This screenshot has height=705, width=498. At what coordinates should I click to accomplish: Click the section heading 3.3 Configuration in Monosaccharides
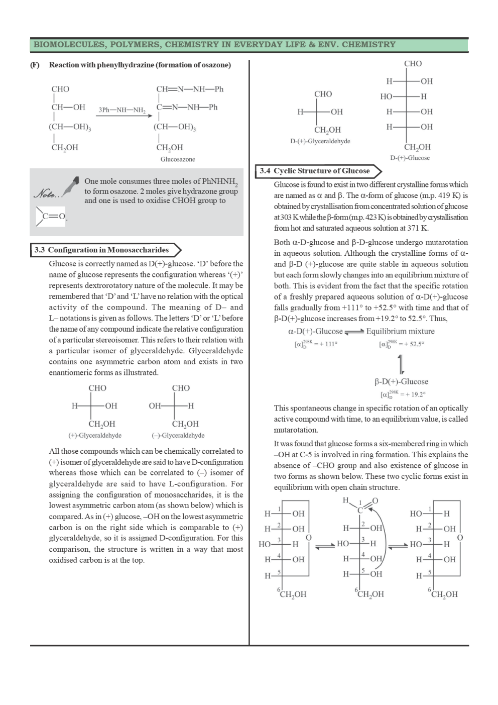click(x=102, y=250)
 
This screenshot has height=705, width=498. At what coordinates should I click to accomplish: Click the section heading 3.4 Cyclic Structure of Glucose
click(x=315, y=171)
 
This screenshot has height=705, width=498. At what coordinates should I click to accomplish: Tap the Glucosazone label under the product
click(x=178, y=159)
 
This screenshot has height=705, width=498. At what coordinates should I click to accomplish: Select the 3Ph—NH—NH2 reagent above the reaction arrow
click(x=121, y=110)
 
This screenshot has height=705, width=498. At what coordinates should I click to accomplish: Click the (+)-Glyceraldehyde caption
click(x=95, y=435)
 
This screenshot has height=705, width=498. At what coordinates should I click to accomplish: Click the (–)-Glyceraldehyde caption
click(x=178, y=435)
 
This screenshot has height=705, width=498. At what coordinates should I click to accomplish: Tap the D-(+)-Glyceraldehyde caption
click(x=320, y=141)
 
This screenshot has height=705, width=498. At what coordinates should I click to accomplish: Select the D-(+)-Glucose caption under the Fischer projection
click(x=410, y=158)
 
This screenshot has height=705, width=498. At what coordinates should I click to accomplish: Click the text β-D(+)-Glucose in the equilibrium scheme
click(x=401, y=381)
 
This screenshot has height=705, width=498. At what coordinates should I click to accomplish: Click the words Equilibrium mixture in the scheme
click(x=400, y=331)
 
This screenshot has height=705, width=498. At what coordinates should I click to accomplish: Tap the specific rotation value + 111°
click(x=325, y=344)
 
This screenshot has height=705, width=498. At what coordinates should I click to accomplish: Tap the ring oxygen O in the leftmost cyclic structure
click(x=309, y=538)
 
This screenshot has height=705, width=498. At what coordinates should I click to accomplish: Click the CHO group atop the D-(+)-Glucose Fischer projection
click(x=413, y=63)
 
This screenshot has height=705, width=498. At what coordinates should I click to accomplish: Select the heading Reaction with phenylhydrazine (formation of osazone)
click(x=140, y=65)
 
